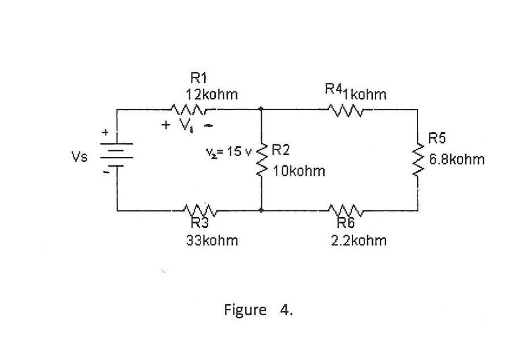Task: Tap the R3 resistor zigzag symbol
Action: coord(200,211)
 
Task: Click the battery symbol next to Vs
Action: coord(117,154)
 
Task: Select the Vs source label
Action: coord(79,157)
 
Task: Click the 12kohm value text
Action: coord(212,95)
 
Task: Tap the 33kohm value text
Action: coord(212,240)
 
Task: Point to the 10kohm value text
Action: coord(299,171)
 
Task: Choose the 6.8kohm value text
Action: coord(457,159)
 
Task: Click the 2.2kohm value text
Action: coord(359,240)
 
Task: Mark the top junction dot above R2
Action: coord(261,108)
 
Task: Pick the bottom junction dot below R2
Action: coord(261,210)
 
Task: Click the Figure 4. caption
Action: coord(258,310)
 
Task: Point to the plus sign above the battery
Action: coord(105,133)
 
